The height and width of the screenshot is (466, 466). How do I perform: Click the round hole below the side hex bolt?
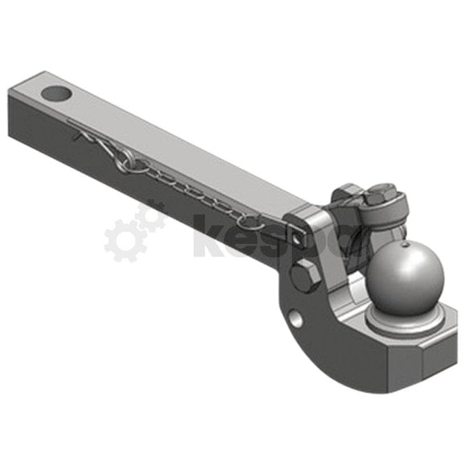click(297, 318)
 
